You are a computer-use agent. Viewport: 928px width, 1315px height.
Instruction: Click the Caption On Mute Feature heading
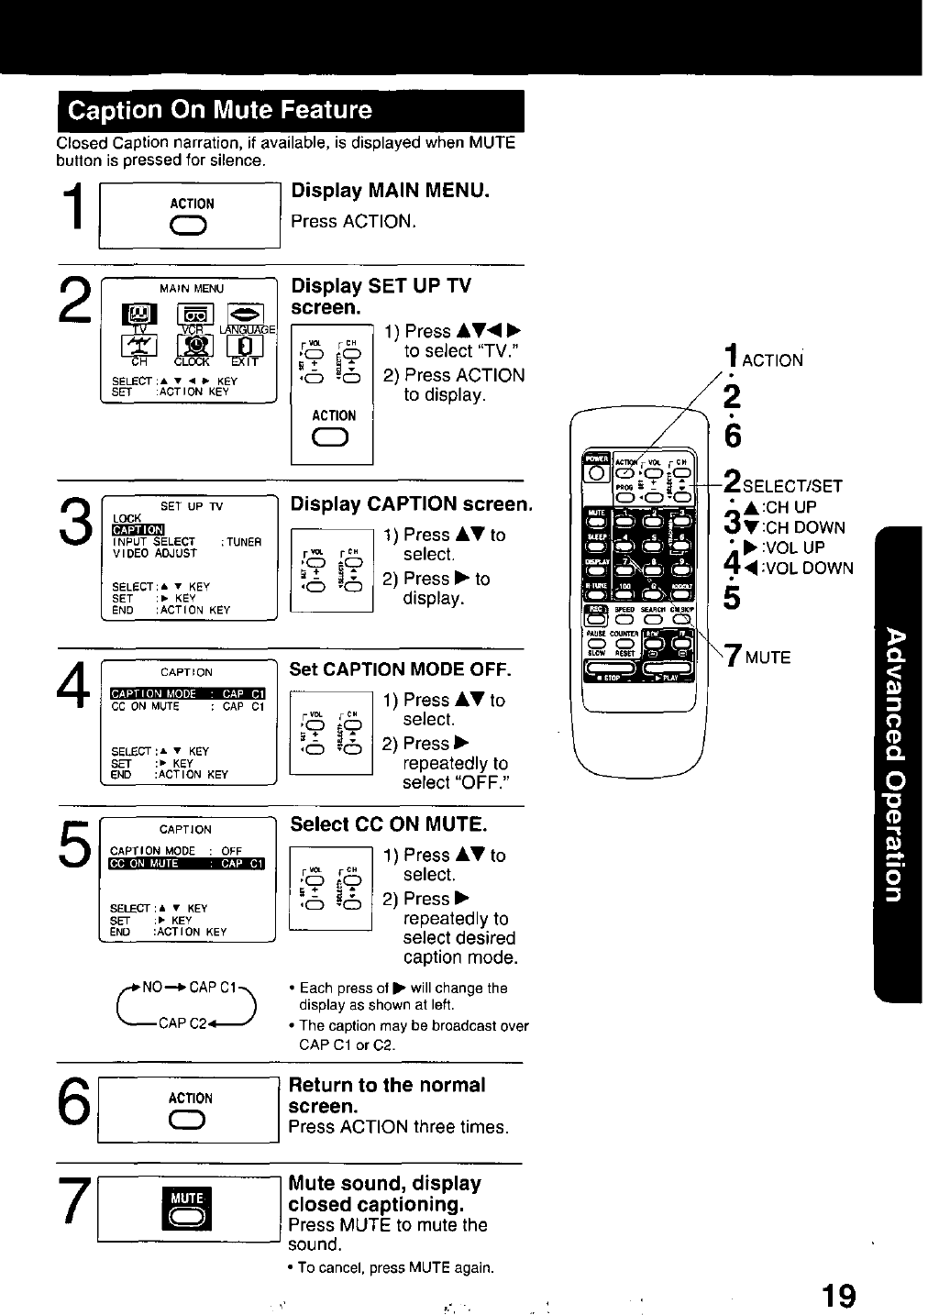tap(221, 111)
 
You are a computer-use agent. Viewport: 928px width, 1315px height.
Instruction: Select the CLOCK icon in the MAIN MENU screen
tap(193, 348)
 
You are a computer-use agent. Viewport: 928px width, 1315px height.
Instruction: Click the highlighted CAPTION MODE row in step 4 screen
tap(187, 694)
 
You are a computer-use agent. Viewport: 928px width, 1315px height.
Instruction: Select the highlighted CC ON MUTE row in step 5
tap(187, 863)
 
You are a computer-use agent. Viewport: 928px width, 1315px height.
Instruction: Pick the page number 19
tap(838, 1296)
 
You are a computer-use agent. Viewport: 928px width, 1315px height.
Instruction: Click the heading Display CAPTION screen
tap(411, 504)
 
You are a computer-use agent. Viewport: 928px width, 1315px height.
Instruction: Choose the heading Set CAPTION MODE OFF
tap(400, 669)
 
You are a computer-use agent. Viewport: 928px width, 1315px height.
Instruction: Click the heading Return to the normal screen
tap(387, 1096)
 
